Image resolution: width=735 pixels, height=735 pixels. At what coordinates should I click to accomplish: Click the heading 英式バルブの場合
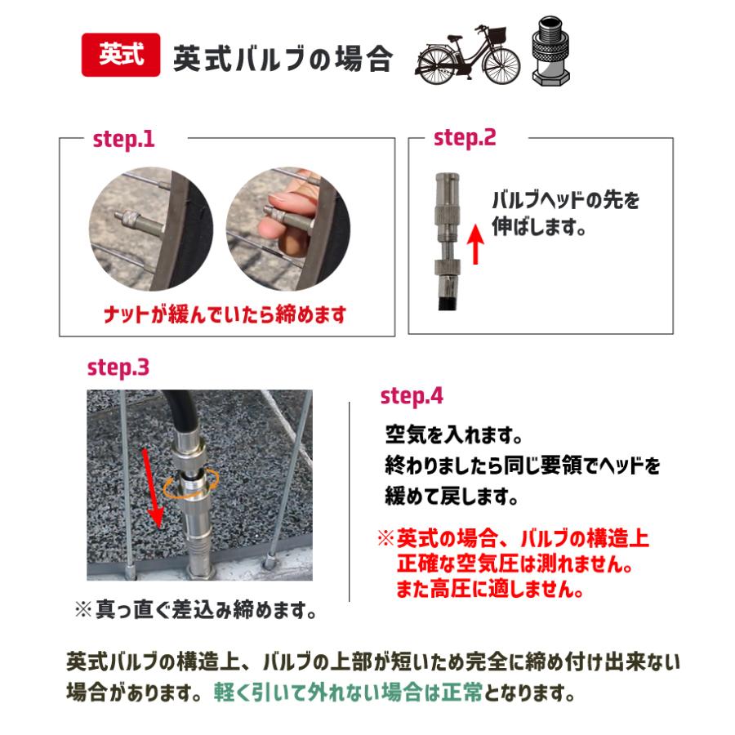tap(283, 58)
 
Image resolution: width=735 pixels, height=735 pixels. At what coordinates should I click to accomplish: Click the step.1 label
tap(123, 139)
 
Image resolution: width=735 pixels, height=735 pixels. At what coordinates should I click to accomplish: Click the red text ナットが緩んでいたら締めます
tap(225, 314)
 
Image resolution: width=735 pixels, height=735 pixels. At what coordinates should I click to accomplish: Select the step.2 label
tap(465, 138)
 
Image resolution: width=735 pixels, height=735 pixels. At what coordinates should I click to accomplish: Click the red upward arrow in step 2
tap(478, 247)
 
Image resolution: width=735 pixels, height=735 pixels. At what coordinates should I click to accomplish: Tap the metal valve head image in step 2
tap(445, 237)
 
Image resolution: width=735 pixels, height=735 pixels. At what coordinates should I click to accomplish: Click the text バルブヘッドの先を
tap(564, 200)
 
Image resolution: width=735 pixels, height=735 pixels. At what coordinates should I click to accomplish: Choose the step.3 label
tap(118, 367)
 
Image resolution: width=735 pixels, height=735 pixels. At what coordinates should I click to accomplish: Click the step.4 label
tap(412, 396)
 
